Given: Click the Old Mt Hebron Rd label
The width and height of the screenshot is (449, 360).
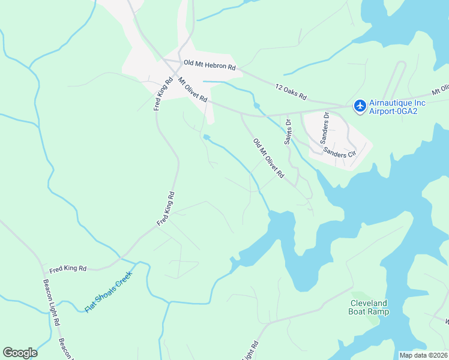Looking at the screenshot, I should [209, 62].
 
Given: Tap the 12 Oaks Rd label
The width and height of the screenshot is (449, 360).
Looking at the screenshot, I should [291, 92].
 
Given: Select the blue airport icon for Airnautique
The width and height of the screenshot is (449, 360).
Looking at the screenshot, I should [360, 106].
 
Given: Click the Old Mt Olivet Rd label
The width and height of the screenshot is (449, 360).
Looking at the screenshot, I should [268, 158].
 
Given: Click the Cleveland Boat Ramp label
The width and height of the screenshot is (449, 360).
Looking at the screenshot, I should [369, 307].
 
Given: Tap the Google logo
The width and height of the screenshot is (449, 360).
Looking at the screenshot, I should [20, 353].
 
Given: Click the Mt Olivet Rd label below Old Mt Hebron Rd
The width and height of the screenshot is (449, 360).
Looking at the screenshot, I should [192, 89].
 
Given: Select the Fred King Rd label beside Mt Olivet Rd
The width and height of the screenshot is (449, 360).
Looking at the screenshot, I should [161, 94].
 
